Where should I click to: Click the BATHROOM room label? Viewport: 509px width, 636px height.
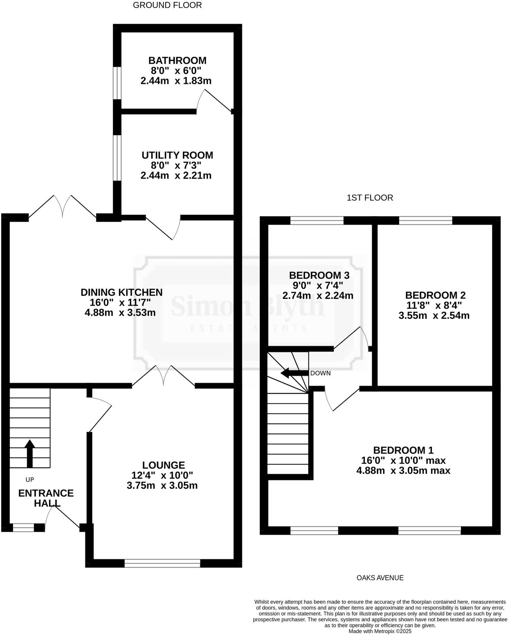coord(177,60)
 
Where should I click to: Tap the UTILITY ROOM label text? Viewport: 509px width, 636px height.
coord(177,155)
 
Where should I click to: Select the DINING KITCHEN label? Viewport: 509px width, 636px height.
coord(122,292)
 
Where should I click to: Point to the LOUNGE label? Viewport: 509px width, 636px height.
coord(163,465)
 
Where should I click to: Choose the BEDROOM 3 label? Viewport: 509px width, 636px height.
coord(319,275)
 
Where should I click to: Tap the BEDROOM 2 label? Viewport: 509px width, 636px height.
coord(435,295)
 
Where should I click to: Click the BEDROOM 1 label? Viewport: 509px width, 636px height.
coord(403,450)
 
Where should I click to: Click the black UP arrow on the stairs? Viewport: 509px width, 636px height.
coord(30,453)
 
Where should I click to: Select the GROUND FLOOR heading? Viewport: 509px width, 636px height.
coord(167,5)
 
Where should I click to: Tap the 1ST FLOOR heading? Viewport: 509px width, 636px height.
coord(370,198)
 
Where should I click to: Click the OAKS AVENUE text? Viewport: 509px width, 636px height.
coord(380,578)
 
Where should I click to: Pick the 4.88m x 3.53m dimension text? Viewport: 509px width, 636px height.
coord(120,313)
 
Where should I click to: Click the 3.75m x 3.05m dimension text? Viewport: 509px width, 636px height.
coord(162,486)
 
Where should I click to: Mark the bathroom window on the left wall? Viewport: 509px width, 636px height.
coord(117,83)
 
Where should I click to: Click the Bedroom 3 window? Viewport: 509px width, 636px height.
coord(317,220)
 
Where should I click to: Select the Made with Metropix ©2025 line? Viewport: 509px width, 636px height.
coord(380,631)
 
